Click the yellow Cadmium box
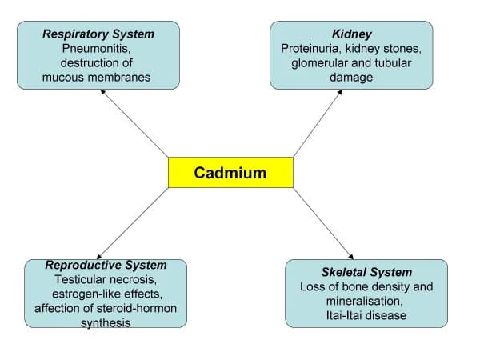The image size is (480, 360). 230,172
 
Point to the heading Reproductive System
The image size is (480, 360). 106,266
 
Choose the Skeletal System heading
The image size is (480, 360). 366,272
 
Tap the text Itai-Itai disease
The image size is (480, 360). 366,315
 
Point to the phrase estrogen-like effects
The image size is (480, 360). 106,294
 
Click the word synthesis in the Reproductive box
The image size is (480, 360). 106,323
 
